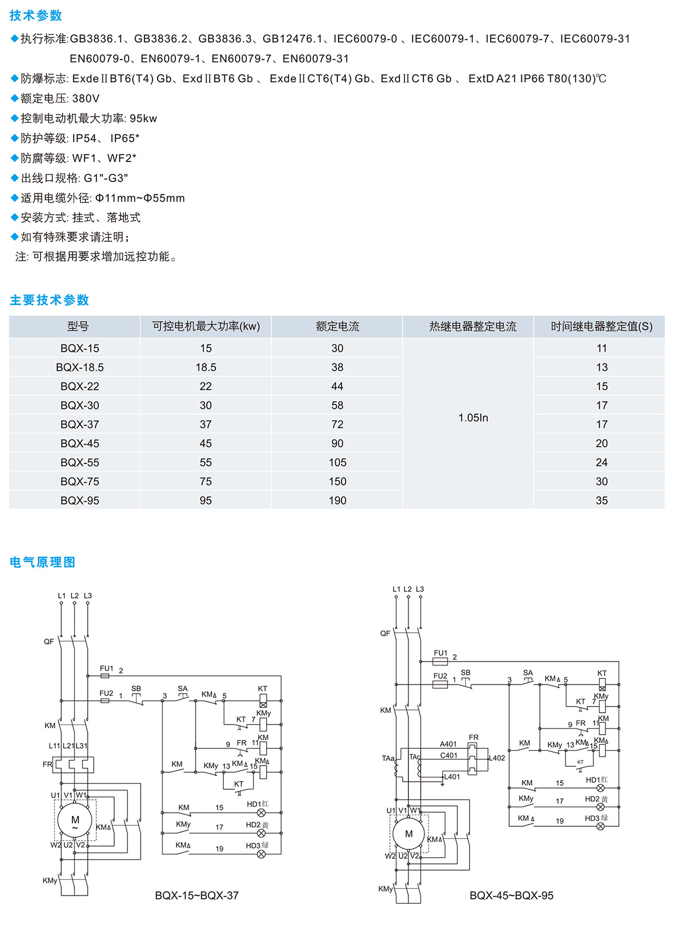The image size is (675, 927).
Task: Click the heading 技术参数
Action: tap(35, 16)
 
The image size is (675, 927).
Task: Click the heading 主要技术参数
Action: tap(49, 300)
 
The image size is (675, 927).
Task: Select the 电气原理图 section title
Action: tap(42, 562)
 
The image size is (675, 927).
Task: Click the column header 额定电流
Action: tap(337, 326)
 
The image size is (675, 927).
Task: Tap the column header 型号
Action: tap(78, 326)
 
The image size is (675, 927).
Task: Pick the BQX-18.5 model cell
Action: tap(80, 367)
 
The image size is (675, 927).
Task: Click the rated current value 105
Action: tap(337, 462)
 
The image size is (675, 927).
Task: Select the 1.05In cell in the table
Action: tap(473, 418)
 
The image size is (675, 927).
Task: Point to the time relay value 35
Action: tap(601, 500)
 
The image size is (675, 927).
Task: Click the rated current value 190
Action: tap(337, 500)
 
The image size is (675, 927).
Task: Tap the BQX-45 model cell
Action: tap(80, 443)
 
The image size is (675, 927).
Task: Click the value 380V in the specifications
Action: tap(85, 98)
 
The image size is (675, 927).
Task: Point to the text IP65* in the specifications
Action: tap(124, 138)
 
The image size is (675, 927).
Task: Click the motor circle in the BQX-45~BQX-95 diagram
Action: tap(408, 834)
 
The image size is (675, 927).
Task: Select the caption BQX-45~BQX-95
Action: tap(511, 895)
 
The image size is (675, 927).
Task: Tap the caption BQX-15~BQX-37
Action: tap(196, 895)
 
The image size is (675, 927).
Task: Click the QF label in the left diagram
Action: tap(49, 641)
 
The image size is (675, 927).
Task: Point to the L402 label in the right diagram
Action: tap(497, 758)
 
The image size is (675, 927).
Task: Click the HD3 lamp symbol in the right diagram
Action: tap(601, 826)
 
